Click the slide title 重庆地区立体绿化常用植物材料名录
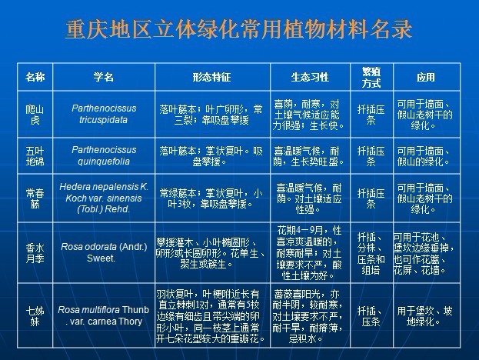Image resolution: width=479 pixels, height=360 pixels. tap(239, 30)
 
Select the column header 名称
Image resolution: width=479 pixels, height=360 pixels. tap(35, 78)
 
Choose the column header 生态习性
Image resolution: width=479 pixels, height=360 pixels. tap(310, 78)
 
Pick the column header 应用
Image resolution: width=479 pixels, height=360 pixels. tap(426, 78)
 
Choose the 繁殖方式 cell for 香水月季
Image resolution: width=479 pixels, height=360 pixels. tap(371, 248)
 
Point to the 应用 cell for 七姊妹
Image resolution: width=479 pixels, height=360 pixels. tap(426, 316)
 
